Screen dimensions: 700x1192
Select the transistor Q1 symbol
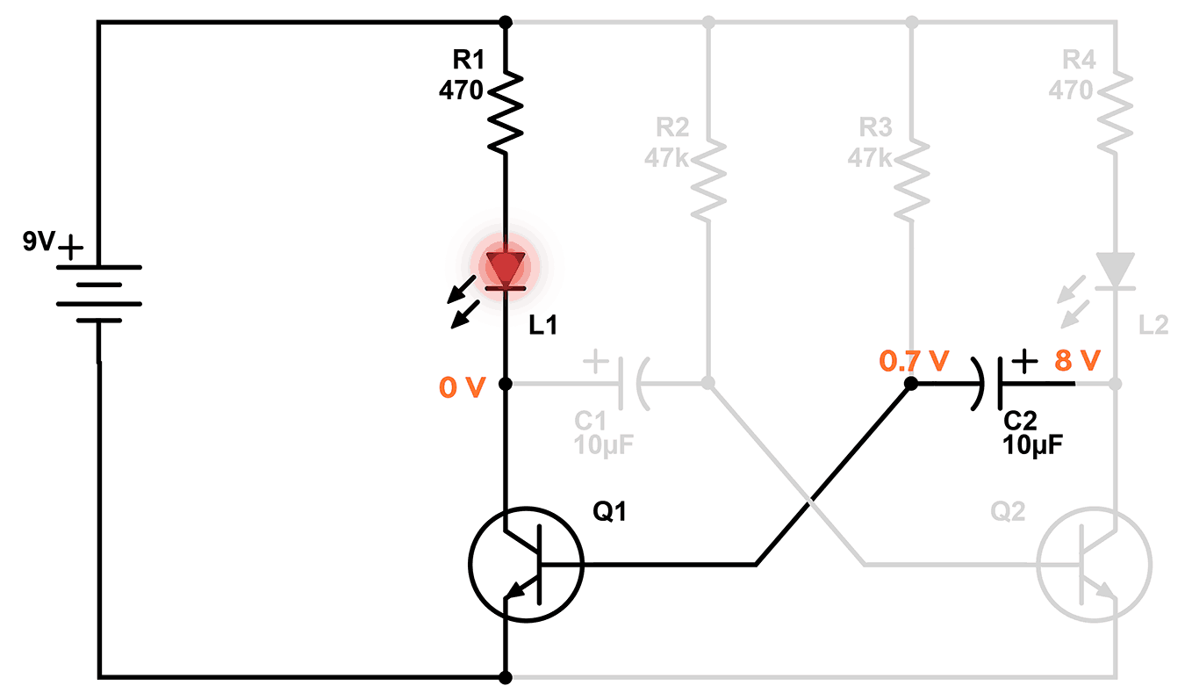(x=525, y=564)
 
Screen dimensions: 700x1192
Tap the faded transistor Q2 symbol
(x=1094, y=564)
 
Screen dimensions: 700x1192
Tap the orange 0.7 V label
(x=914, y=359)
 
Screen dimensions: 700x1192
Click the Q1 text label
(x=611, y=511)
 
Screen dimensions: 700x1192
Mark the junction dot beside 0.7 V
(x=911, y=384)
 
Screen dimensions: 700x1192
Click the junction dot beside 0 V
(x=506, y=384)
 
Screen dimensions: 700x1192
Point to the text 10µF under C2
(x=1033, y=444)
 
